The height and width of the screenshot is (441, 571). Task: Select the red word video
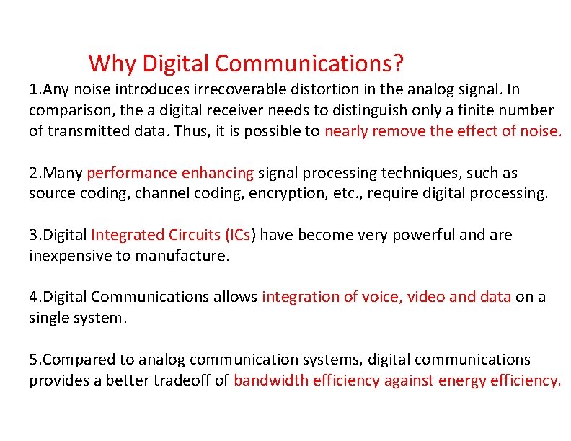pos(425,298)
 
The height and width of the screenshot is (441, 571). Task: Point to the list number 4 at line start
pos(33,298)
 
